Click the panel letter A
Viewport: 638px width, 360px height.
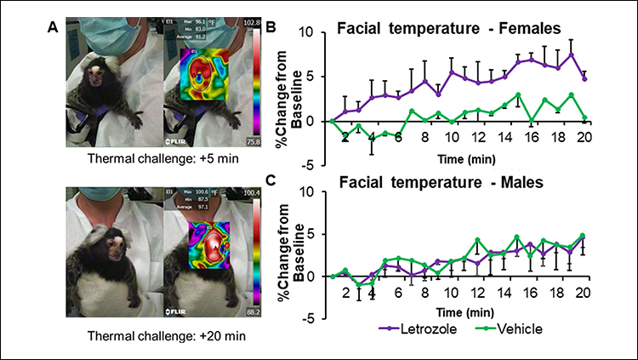pos(52,25)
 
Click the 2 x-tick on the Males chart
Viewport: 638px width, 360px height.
pos(345,294)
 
